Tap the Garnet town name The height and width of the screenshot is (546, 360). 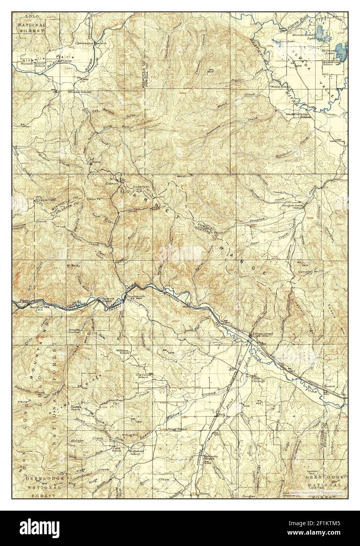112,183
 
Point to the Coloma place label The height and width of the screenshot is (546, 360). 94,161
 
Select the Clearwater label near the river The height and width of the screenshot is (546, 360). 85,43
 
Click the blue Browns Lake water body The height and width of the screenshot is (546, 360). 341,51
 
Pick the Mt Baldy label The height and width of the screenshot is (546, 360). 73,266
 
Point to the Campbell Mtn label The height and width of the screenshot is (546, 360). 308,271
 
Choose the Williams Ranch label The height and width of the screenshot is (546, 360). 123,351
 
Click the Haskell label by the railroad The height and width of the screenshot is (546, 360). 329,387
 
